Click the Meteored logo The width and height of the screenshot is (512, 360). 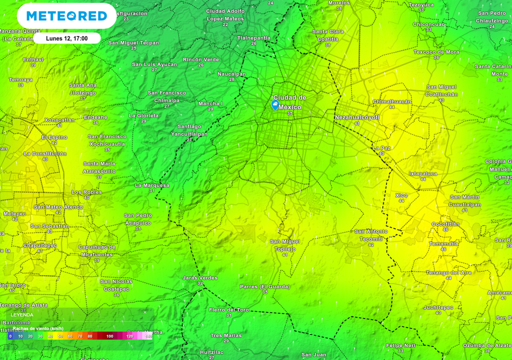pos(66,16)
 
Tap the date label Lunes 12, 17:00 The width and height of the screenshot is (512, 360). pos(66,38)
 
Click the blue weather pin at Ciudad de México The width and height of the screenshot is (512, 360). pos(274,104)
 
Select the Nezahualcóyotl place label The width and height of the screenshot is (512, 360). pos(357,117)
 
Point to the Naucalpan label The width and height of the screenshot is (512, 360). pos(231,74)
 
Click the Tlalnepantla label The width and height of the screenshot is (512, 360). pos(253,38)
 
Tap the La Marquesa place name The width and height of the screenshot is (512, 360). pos(152,185)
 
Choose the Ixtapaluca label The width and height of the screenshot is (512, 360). pos(423,173)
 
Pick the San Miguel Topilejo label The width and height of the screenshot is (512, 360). pos(285,245)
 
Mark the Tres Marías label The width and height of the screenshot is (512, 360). pos(226,335)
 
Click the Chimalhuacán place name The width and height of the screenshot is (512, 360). pos(392,101)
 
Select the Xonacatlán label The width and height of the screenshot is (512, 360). pos(59,120)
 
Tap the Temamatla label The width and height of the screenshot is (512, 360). pos(443,243)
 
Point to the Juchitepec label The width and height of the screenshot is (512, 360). pos(438,307)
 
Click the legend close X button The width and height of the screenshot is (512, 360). pos(145,312)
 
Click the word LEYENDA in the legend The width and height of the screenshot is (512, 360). pos(22,315)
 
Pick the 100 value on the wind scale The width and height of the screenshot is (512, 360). pos(109,336)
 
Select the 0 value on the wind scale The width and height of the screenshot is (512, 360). pos(10,336)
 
